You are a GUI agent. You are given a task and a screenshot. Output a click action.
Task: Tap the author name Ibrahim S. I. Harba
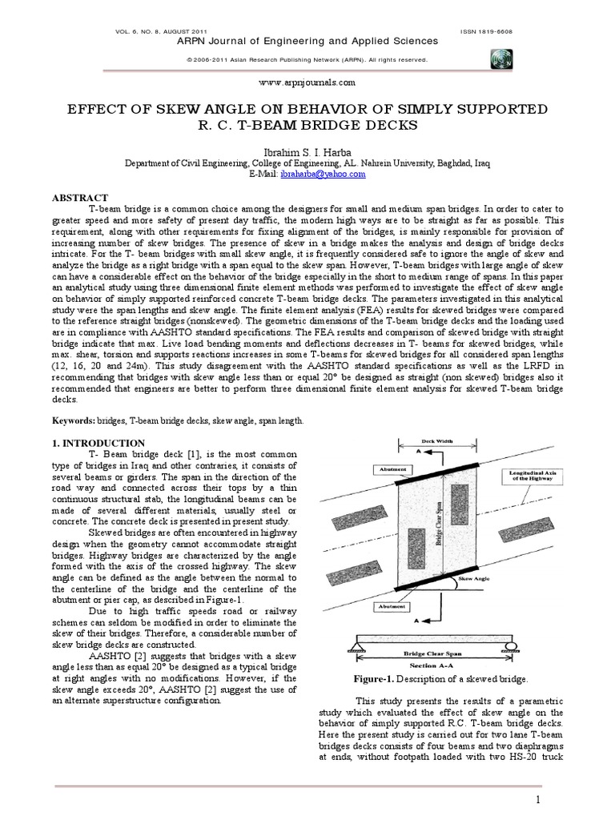pos(307,151)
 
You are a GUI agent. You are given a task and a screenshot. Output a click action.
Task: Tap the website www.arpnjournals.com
pos(307,82)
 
